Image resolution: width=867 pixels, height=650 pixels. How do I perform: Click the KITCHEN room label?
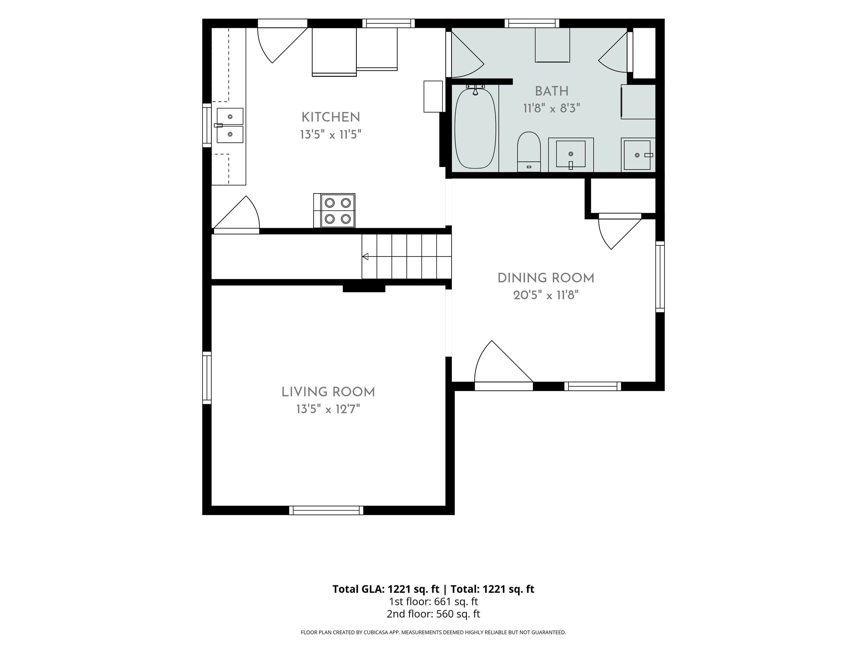click(x=331, y=117)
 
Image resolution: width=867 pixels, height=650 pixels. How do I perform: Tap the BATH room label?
click(x=552, y=91)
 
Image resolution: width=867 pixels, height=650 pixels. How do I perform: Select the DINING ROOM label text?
click(x=546, y=278)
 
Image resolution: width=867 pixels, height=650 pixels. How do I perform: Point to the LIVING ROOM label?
click(x=328, y=392)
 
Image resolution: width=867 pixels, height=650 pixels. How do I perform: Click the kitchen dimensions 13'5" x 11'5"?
click(x=331, y=135)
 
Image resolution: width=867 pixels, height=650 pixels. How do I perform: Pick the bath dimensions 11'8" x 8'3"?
click(x=552, y=108)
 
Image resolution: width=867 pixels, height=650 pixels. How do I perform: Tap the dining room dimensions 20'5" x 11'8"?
click(x=546, y=295)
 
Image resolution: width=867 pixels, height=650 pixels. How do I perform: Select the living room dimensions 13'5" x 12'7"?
click(x=328, y=409)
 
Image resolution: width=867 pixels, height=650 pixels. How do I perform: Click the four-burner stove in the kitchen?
click(x=334, y=210)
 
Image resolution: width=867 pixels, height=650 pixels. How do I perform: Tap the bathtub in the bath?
click(x=475, y=128)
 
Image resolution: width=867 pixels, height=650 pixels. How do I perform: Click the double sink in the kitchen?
click(x=230, y=125)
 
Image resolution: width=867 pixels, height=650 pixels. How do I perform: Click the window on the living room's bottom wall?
click(x=326, y=511)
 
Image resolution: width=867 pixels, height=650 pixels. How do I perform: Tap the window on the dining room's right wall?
click(x=660, y=277)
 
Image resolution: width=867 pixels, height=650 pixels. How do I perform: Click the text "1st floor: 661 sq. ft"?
click(x=433, y=601)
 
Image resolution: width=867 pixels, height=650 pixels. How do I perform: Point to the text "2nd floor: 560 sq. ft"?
click(x=433, y=614)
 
